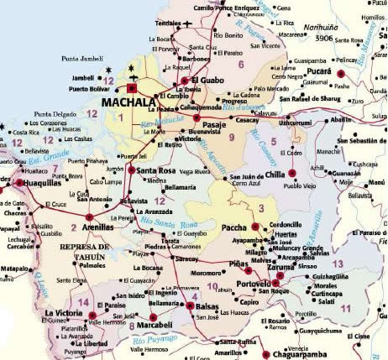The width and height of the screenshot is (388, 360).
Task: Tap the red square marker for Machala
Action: (x=132, y=86)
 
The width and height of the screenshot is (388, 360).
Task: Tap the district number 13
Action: (x=338, y=263)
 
